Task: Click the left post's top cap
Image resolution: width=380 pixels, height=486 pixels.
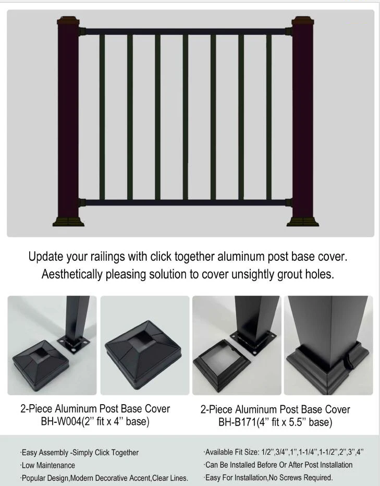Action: [68, 22]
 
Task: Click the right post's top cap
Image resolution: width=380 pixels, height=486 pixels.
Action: [301, 22]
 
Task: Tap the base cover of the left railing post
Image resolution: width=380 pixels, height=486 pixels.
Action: [68, 221]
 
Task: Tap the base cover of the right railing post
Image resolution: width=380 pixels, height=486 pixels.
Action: [302, 221]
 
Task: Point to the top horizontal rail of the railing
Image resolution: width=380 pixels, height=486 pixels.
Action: [185, 32]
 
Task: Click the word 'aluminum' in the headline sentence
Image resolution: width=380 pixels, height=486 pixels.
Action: [246, 257]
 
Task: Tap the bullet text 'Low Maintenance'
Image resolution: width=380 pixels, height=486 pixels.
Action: [48, 465]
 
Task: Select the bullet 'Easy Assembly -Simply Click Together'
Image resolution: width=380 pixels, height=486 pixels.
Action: [79, 453]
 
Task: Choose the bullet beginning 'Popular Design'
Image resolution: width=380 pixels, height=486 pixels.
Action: [104, 478]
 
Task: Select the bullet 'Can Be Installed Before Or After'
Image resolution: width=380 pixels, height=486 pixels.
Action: [278, 465]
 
